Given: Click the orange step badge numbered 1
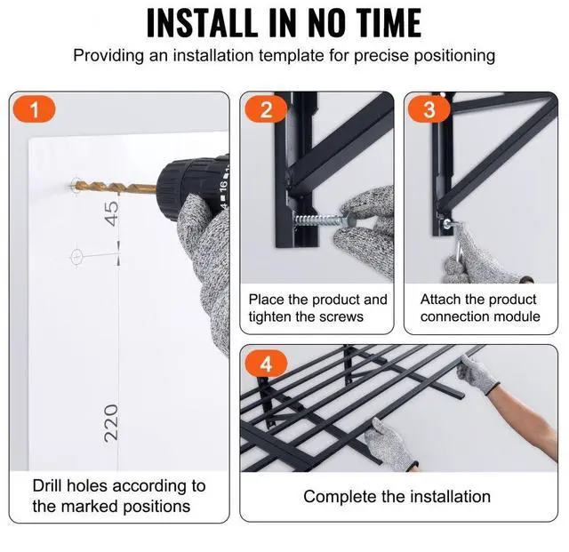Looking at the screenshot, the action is pyautogui.click(x=34, y=109).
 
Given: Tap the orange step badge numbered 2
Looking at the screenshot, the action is pyautogui.click(x=266, y=109).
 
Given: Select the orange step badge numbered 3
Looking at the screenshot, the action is pyautogui.click(x=429, y=109).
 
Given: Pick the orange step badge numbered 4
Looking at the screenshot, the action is pyautogui.click(x=266, y=364).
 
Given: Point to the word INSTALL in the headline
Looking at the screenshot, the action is pyautogui.click(x=203, y=22).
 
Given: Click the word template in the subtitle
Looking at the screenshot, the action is pyautogui.click(x=292, y=55).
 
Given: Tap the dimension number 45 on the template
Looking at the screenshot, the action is pyautogui.click(x=112, y=213).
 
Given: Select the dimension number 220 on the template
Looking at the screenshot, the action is pyautogui.click(x=111, y=423).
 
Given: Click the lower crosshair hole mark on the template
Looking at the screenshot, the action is pyautogui.click(x=76, y=257).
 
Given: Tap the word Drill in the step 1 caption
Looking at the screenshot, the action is pyautogui.click(x=47, y=485).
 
